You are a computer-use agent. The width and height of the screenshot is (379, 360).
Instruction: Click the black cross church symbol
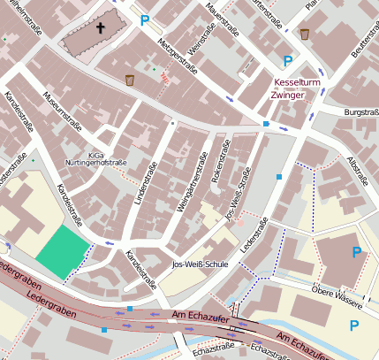coord(100,28)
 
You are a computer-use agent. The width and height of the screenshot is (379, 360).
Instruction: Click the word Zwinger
coord(288,95)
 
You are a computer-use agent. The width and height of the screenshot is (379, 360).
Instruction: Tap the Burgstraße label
coord(360,113)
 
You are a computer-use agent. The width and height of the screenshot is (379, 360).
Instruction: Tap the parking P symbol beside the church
coord(144,19)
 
